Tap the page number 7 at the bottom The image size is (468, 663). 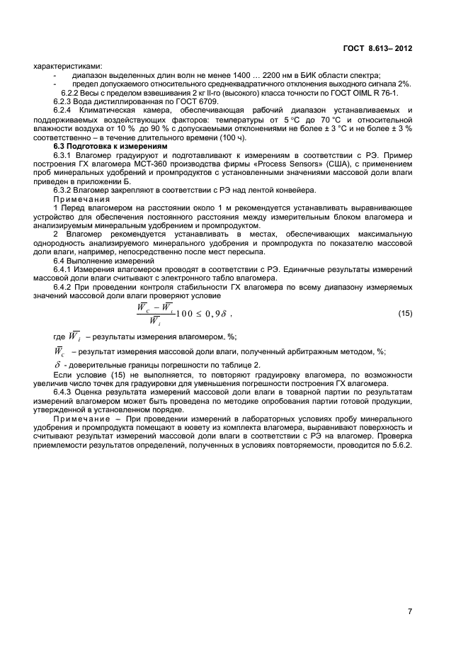pyautogui.click(x=410, y=611)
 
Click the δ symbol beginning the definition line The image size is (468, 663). pyautogui.click(x=57, y=365)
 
